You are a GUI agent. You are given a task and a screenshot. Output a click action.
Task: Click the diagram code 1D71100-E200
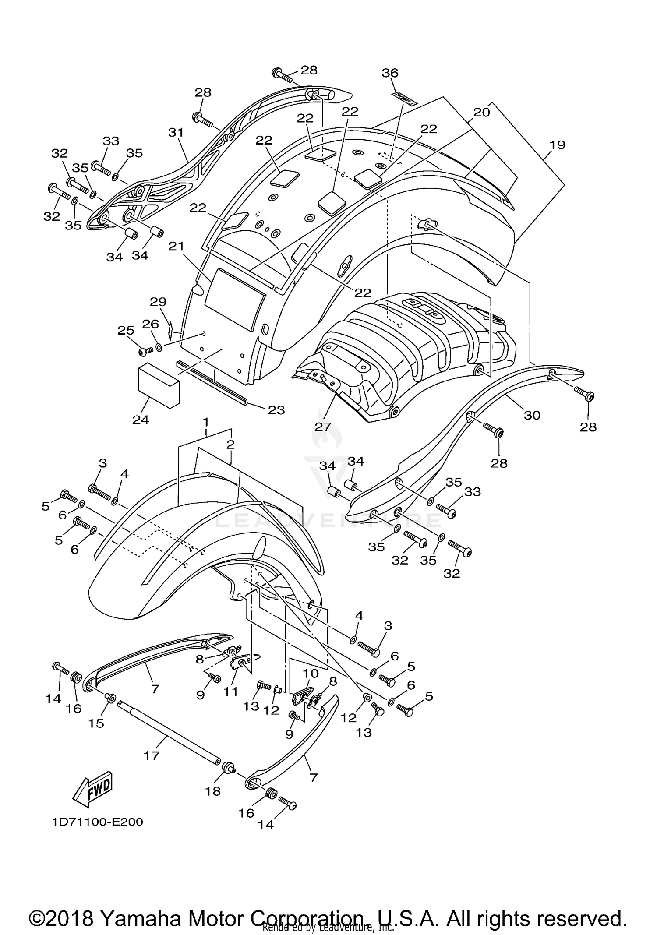tap(97, 822)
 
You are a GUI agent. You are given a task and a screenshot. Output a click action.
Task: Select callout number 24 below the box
tap(141, 420)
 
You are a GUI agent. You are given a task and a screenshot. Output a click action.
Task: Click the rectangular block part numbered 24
tap(159, 386)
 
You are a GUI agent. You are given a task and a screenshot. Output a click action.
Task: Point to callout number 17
tap(152, 755)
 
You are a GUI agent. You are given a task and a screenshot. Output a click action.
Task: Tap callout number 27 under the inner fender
tap(322, 426)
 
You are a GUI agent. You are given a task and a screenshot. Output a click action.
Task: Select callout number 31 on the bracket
tap(176, 132)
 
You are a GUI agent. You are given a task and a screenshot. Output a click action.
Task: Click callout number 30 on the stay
tap(532, 415)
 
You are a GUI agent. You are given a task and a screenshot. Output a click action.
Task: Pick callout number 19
tap(557, 145)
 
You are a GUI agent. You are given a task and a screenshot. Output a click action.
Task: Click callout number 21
tap(177, 247)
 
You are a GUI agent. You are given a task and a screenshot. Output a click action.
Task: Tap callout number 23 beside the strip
tap(276, 410)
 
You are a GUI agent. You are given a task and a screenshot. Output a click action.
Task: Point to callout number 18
tap(213, 791)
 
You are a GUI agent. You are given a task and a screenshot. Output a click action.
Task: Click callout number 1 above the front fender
tap(205, 423)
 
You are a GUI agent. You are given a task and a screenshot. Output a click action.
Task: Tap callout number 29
tap(158, 302)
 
